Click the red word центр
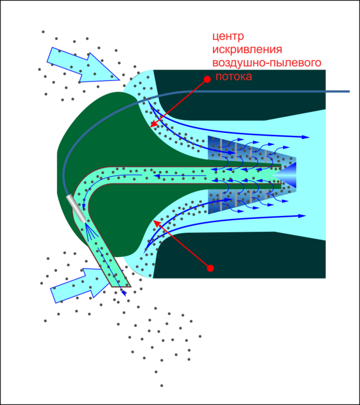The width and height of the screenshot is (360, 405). pyautogui.click(x=228, y=37)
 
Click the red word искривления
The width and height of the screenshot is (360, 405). pyautogui.click(x=247, y=50)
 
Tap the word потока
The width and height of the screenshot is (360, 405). pyautogui.click(x=234, y=77)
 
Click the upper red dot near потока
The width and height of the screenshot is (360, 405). pyautogui.click(x=207, y=79)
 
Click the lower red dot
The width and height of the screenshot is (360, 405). pyautogui.click(x=210, y=268)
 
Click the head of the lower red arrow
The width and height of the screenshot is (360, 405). pyautogui.click(x=156, y=221)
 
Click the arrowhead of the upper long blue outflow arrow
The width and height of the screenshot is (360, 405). pyautogui.click(x=306, y=138)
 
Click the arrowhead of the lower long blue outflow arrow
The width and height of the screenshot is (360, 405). pyautogui.click(x=303, y=216)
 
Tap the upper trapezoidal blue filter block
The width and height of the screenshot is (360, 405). pyautogui.click(x=243, y=151)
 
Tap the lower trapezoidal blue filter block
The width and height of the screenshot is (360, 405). pyautogui.click(x=243, y=200)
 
